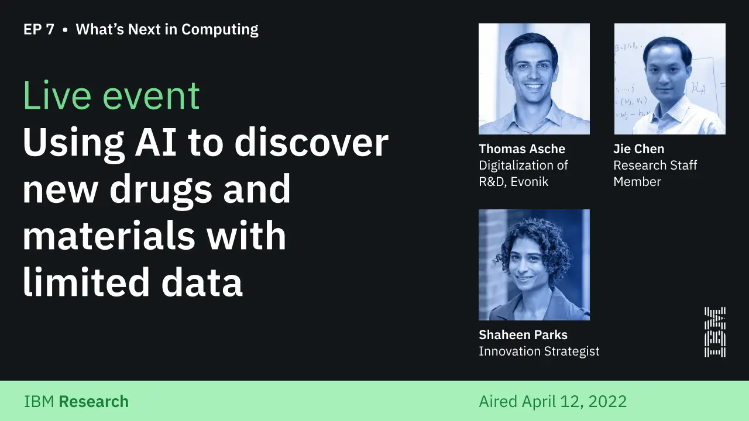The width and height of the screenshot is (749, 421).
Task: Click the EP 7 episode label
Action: click(x=39, y=29)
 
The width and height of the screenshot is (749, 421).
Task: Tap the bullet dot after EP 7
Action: click(x=65, y=30)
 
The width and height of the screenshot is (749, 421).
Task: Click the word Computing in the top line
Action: click(x=219, y=30)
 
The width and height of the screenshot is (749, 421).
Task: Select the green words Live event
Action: click(x=111, y=95)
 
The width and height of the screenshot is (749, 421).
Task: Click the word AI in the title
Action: click(x=156, y=143)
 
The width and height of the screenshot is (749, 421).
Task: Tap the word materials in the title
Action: click(x=109, y=235)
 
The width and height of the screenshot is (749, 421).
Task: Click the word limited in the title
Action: click(x=86, y=281)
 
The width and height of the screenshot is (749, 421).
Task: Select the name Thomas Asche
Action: click(x=522, y=149)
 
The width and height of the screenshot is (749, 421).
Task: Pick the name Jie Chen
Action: click(x=638, y=149)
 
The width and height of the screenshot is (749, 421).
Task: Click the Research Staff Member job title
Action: click(x=655, y=174)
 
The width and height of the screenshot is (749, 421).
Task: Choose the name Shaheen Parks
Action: click(x=523, y=335)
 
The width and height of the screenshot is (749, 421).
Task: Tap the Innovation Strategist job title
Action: click(x=539, y=351)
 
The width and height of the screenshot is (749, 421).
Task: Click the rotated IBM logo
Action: click(x=715, y=332)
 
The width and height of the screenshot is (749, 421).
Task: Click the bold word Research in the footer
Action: click(x=94, y=402)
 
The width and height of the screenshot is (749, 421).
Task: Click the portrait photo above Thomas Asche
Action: click(x=534, y=79)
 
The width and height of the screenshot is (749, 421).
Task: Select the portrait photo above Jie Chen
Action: click(x=670, y=79)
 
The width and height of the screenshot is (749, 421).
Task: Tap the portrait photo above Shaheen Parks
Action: click(x=534, y=265)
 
